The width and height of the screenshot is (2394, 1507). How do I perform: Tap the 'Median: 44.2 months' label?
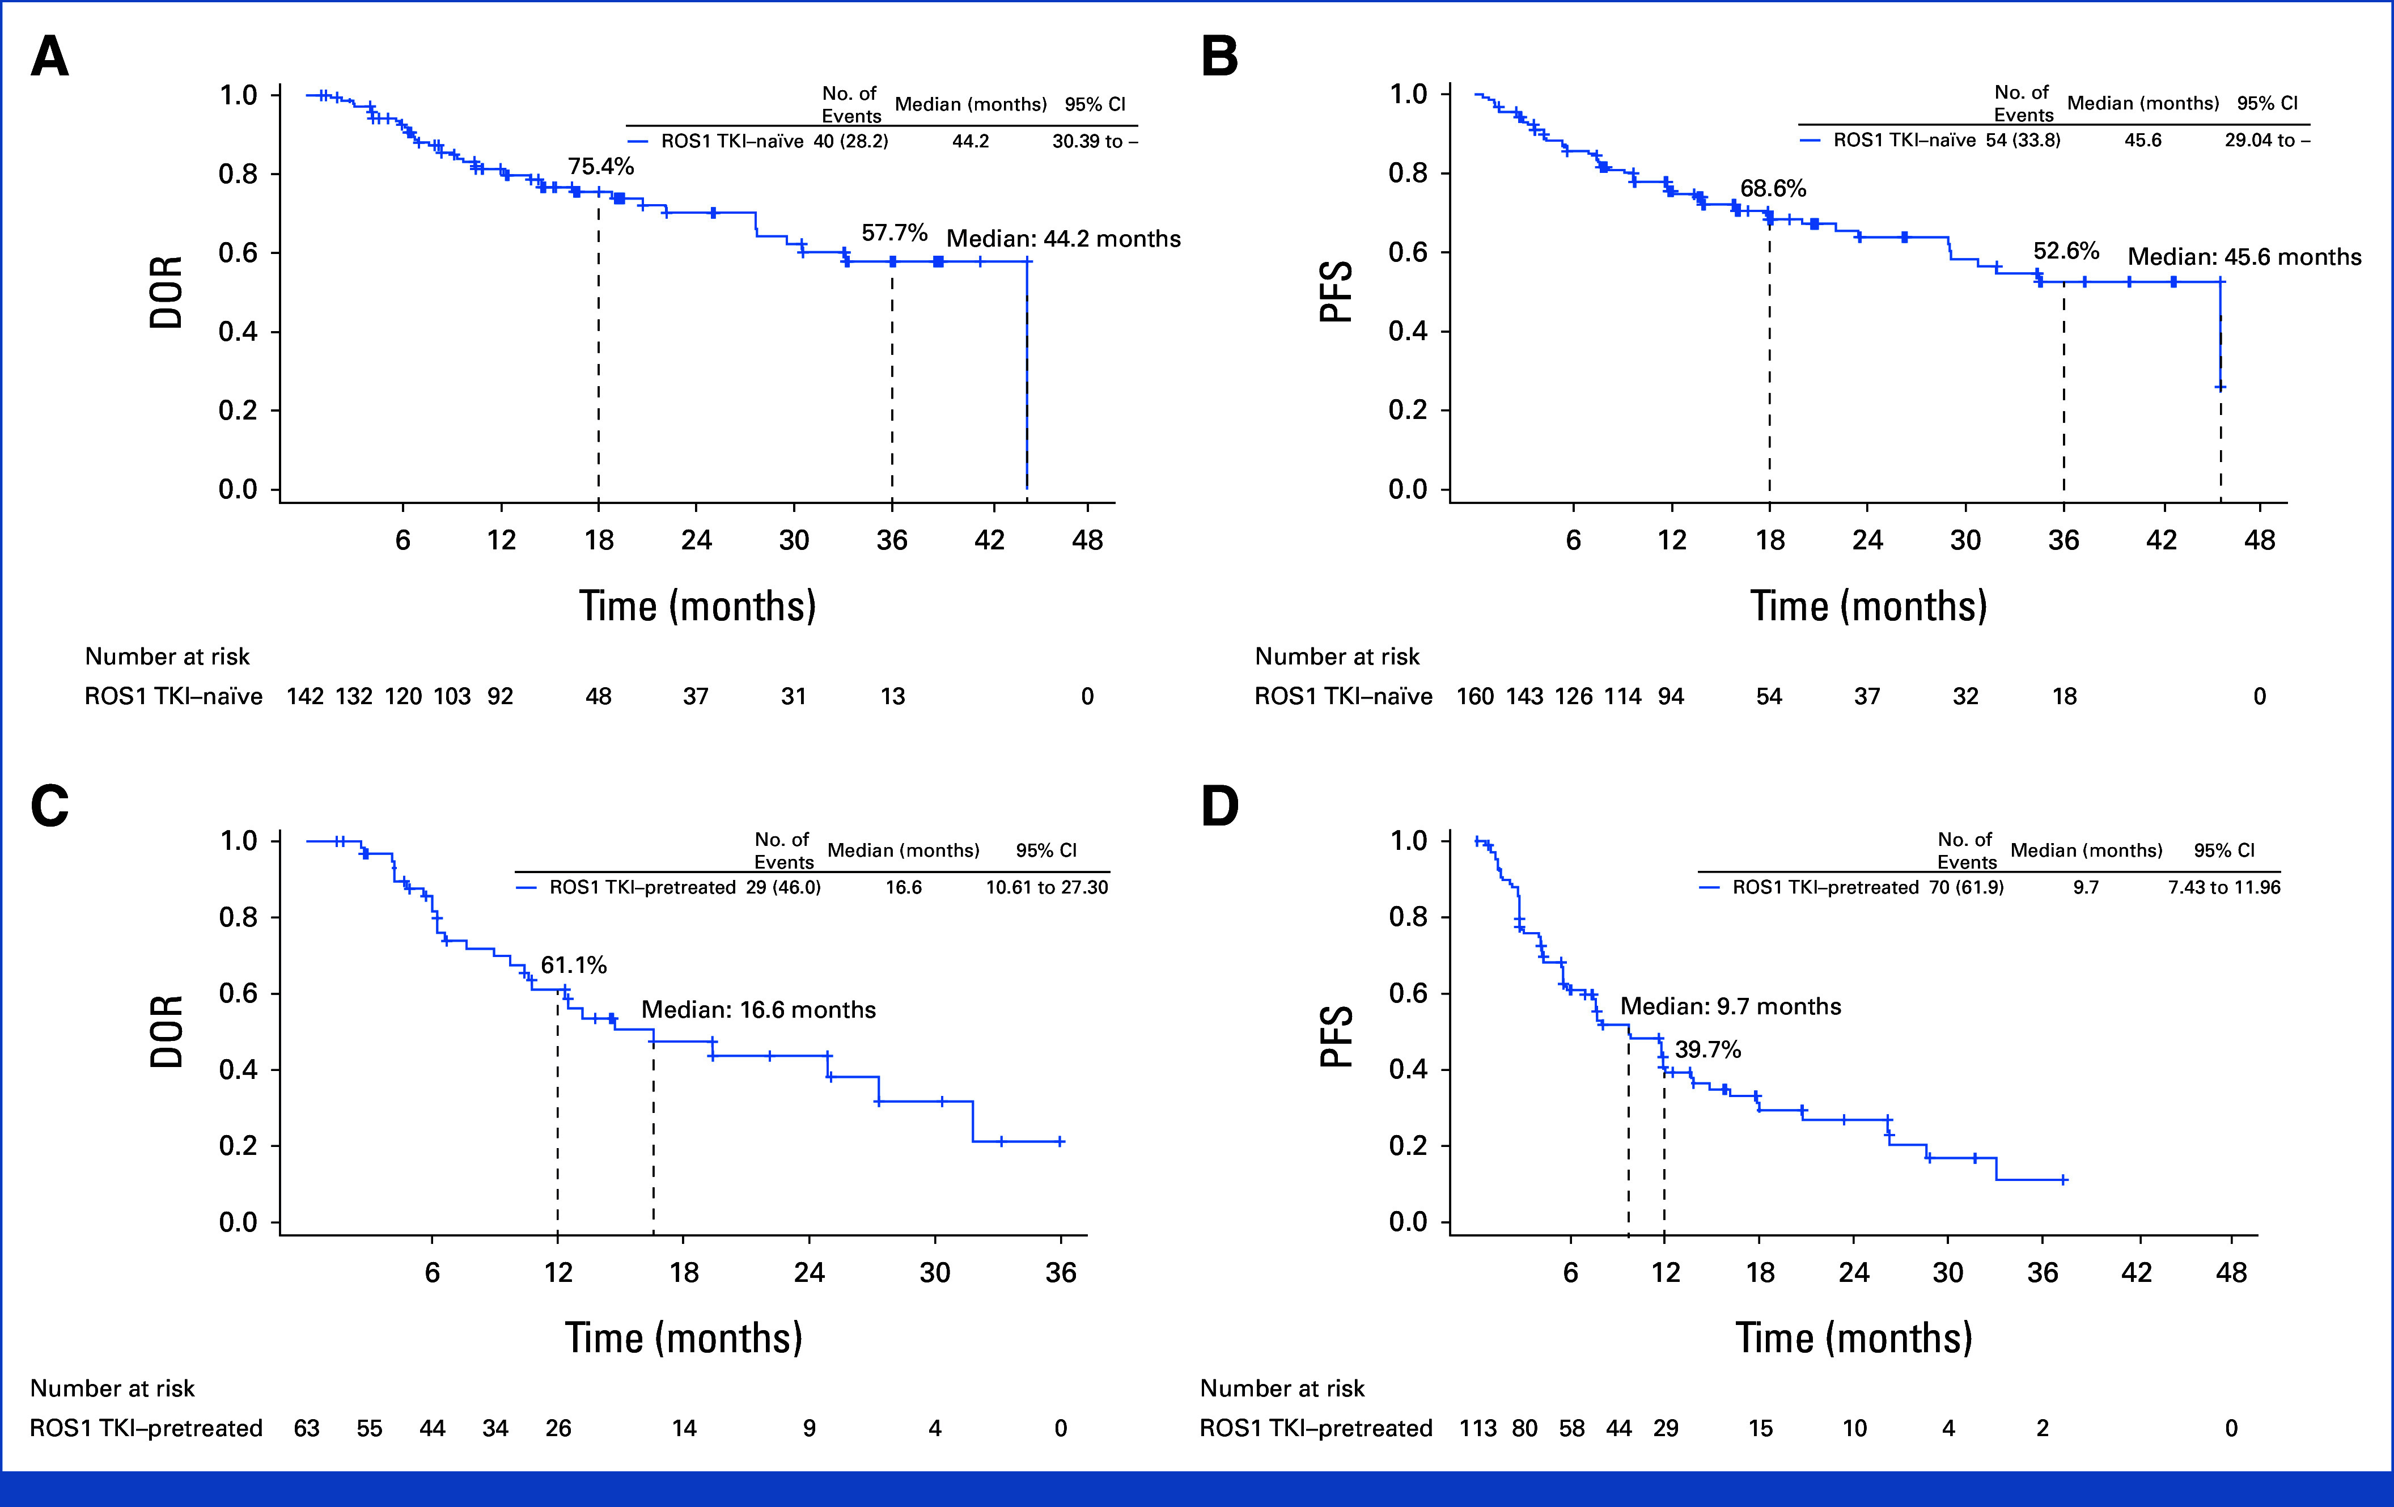click(x=1063, y=239)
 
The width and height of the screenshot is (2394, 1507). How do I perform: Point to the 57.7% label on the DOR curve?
click(x=894, y=232)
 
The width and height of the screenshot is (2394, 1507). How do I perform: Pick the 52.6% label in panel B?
click(x=2066, y=251)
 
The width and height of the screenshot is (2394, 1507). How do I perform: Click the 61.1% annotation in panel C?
click(x=574, y=965)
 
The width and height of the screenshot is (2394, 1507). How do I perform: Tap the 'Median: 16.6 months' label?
click(x=759, y=1010)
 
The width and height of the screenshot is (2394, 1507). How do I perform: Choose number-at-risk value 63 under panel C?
click(x=306, y=1428)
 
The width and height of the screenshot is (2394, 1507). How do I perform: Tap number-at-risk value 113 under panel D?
click(x=1477, y=1428)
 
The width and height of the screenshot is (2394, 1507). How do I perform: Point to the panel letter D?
click(x=1220, y=805)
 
